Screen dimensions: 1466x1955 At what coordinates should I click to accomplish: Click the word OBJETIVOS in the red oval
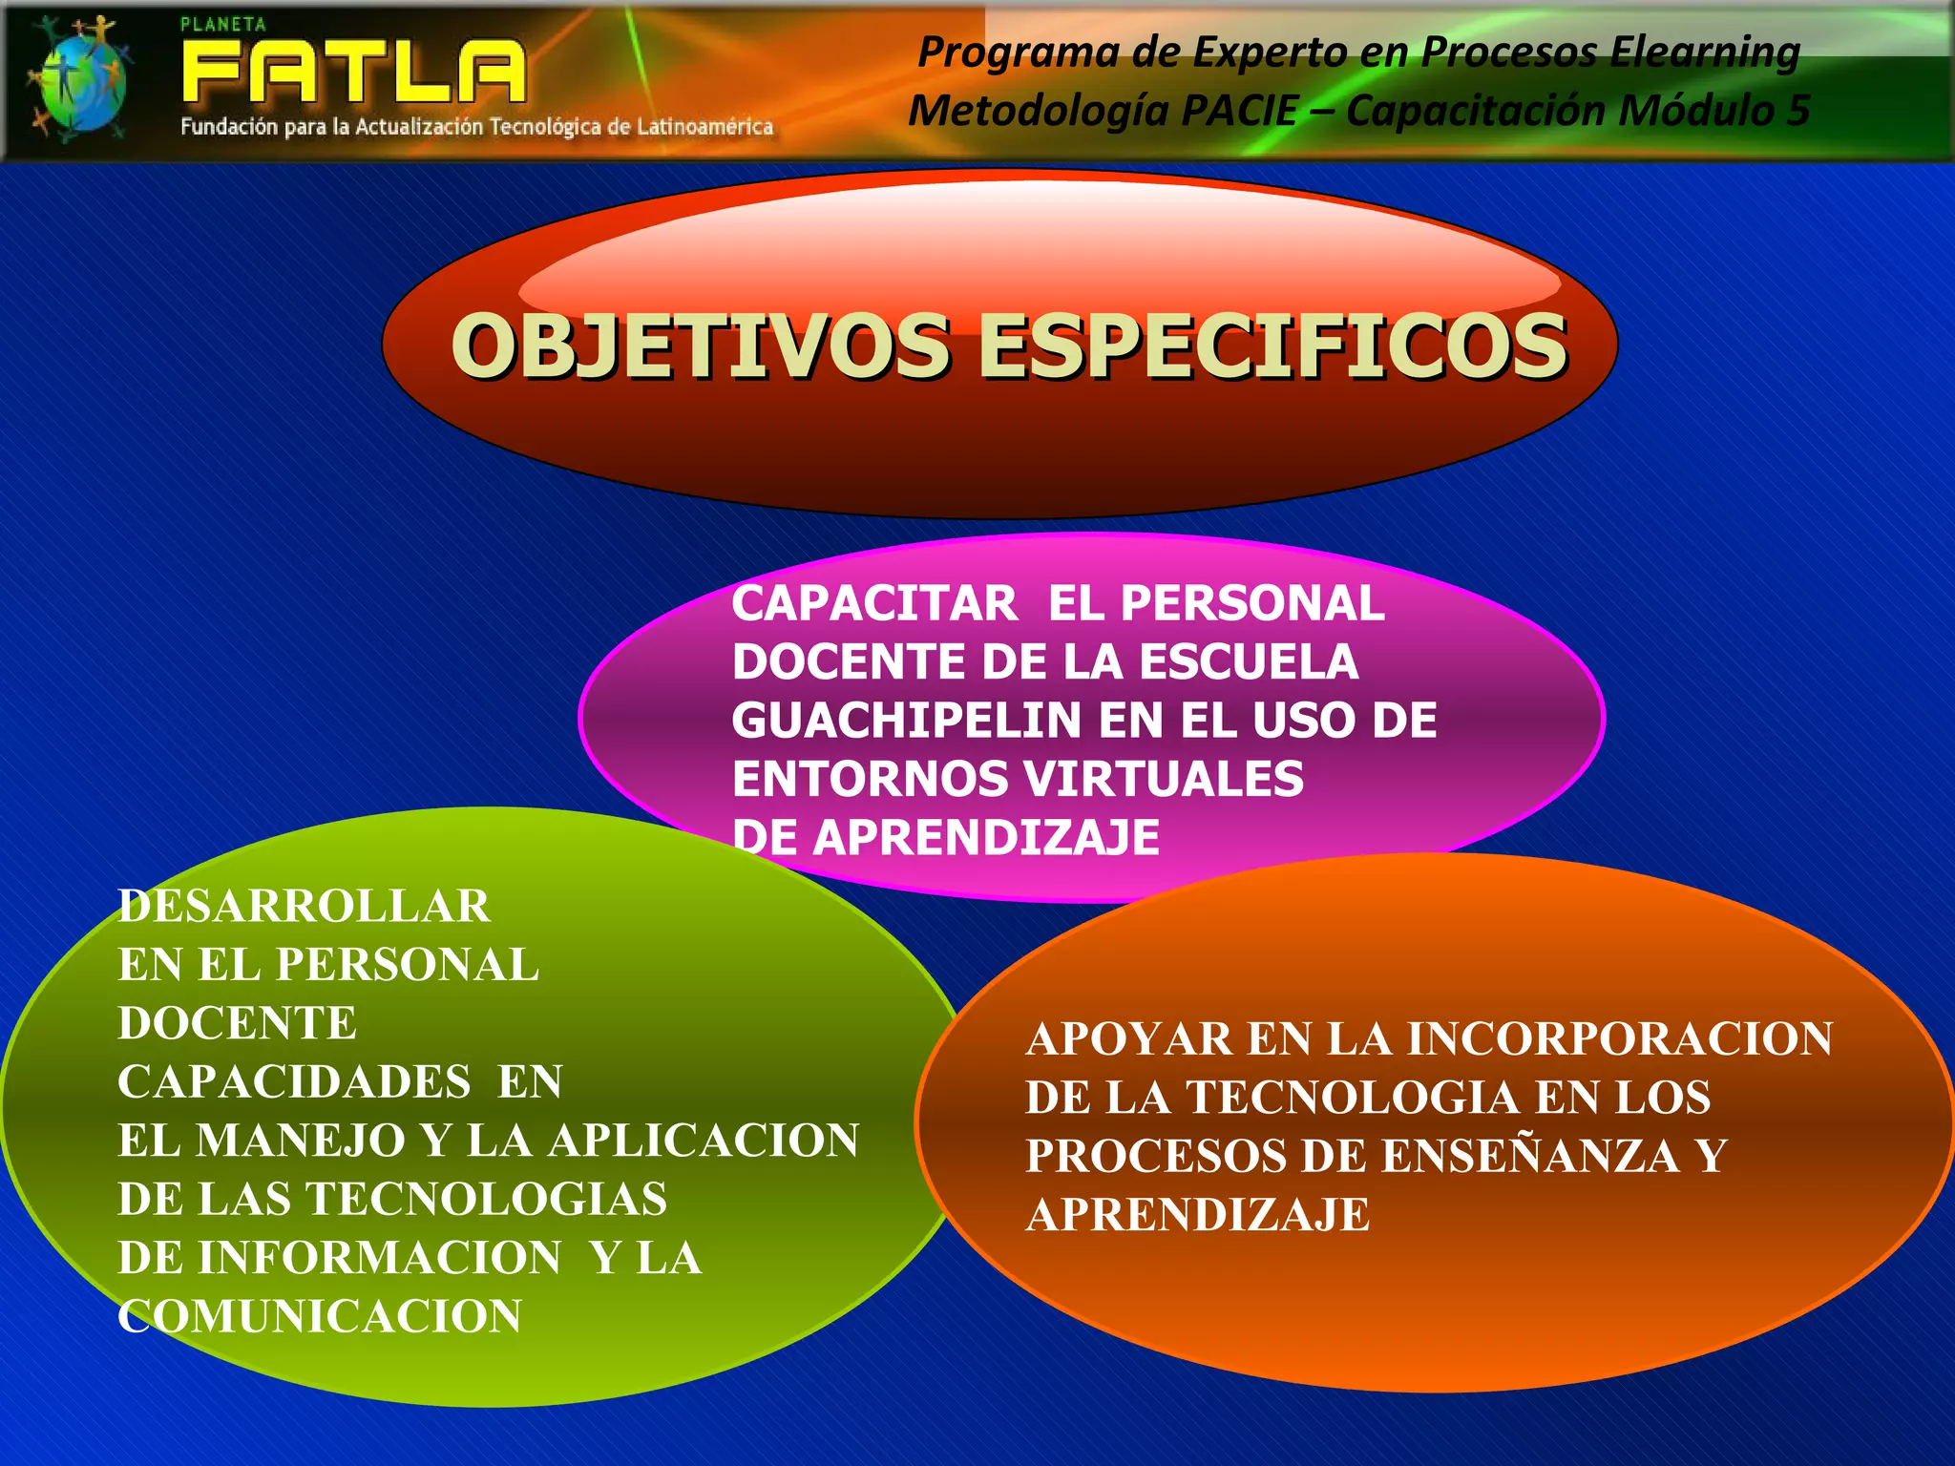pos(701,346)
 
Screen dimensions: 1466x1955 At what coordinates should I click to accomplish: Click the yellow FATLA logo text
pos(353,72)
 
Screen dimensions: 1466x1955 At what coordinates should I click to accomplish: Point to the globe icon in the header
pos(78,80)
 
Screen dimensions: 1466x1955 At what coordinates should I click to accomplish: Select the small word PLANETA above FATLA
pos(223,25)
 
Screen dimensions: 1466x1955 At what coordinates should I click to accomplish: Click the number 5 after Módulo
pos(1797,111)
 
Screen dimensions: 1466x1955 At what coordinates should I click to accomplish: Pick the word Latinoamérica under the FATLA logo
pos(704,127)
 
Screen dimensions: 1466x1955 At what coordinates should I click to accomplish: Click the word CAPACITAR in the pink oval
pos(874,604)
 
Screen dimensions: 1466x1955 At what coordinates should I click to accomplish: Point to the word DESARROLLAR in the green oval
pos(304,906)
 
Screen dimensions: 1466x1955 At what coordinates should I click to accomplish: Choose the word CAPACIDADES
pos(294,1082)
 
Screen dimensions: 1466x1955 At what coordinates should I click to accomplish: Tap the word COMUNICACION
pos(320,1316)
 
